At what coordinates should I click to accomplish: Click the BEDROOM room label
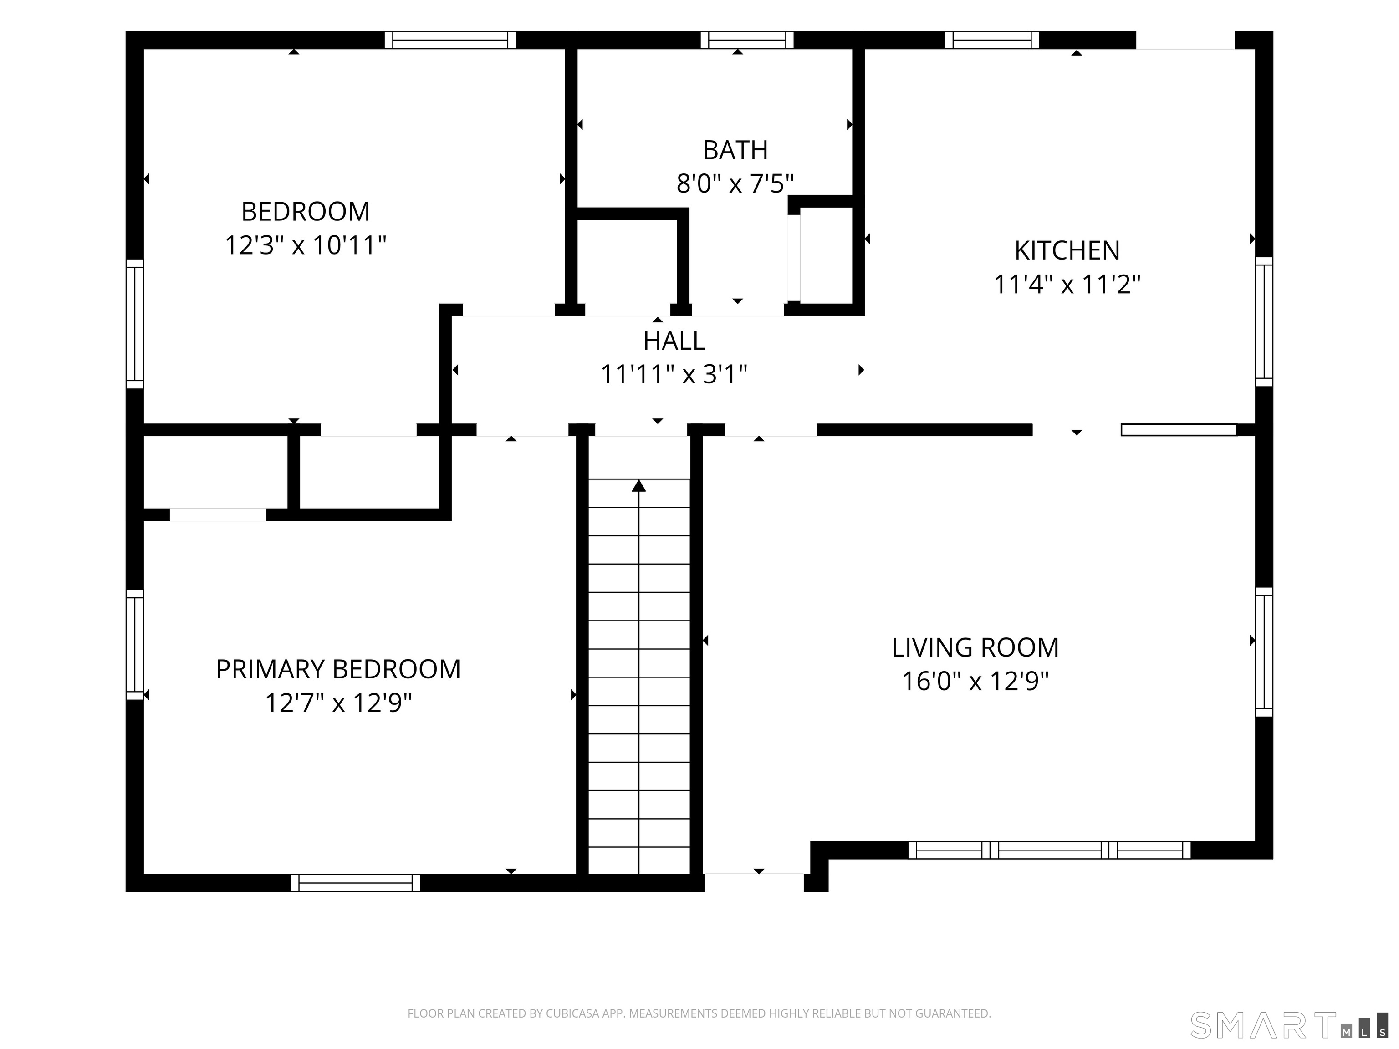tap(306, 211)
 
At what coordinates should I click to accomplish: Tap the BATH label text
tap(735, 150)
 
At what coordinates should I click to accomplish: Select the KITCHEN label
tap(1067, 250)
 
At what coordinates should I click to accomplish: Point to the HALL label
tap(674, 341)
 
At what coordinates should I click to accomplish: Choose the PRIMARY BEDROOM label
tap(338, 669)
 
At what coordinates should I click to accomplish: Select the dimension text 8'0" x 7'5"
tap(735, 184)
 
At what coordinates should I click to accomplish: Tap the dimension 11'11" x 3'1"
tap(674, 374)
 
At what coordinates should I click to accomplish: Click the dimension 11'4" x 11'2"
tap(1067, 285)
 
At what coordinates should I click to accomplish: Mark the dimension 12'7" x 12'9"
tap(338, 703)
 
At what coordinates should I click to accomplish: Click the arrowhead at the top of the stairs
tap(639, 486)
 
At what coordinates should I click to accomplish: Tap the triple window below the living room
tap(1049, 850)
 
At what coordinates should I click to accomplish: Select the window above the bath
tap(747, 40)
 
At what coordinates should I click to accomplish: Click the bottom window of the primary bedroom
tap(355, 883)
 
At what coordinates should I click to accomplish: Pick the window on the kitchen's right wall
tap(1264, 321)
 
